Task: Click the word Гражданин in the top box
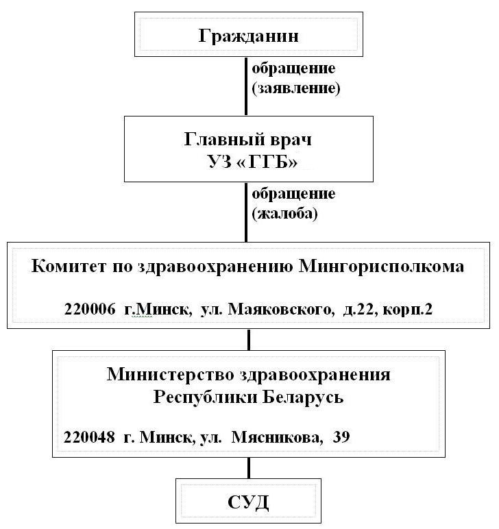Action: (248, 36)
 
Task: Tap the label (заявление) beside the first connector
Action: (296, 88)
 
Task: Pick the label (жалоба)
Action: (284, 214)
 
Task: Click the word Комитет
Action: (69, 266)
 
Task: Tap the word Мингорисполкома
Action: (382, 267)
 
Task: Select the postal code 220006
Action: (90, 308)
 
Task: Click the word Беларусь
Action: (303, 397)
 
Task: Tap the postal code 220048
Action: (89, 437)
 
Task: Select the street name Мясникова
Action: (277, 438)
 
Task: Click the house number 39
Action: (341, 437)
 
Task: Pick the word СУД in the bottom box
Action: (248, 502)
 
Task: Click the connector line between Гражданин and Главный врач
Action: (246, 86)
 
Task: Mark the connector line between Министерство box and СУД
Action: (249, 468)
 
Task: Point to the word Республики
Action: (205, 397)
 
